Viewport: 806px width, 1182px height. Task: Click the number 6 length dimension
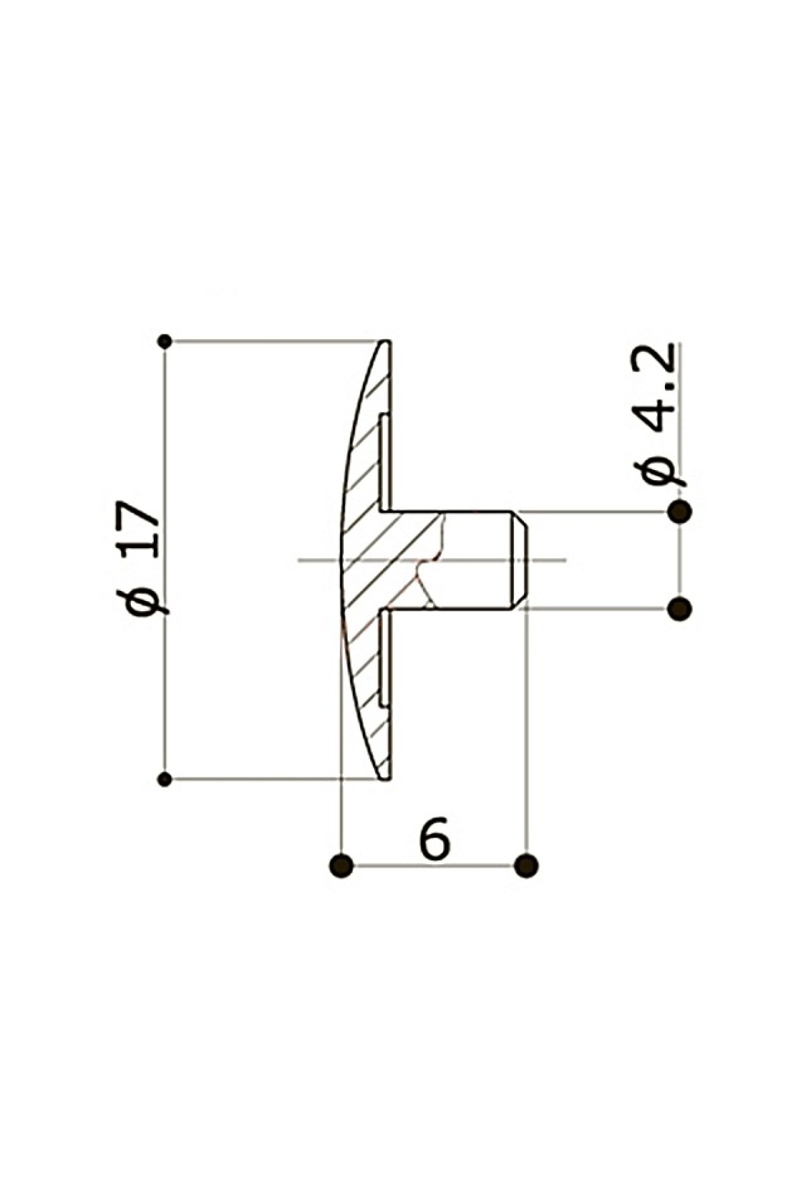point(435,837)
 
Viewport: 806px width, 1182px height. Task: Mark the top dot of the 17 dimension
point(165,341)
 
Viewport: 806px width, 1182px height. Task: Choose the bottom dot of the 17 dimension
point(165,779)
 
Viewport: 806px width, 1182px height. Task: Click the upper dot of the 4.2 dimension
point(680,512)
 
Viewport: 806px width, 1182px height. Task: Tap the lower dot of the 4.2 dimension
point(680,609)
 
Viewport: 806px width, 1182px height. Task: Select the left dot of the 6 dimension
point(342,865)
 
